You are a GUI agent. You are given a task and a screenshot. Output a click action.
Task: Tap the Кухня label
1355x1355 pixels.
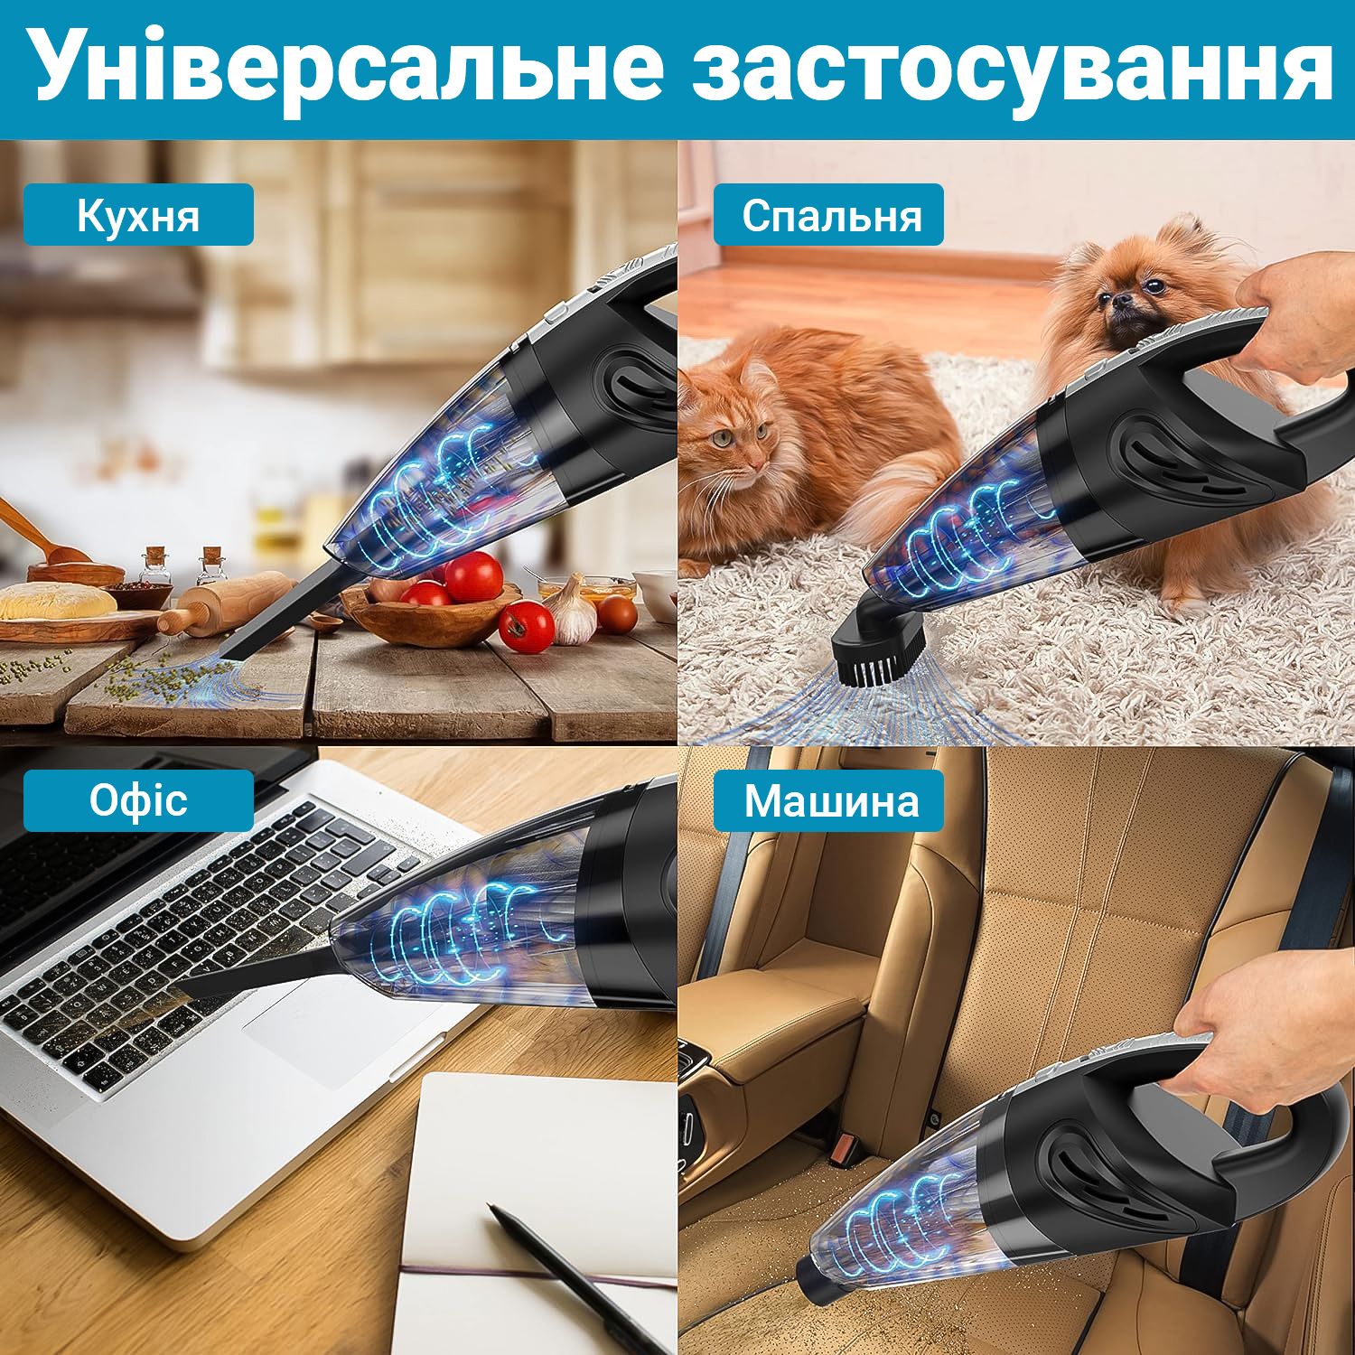tap(138, 215)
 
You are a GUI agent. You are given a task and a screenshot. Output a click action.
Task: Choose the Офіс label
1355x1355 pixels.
tap(138, 801)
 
